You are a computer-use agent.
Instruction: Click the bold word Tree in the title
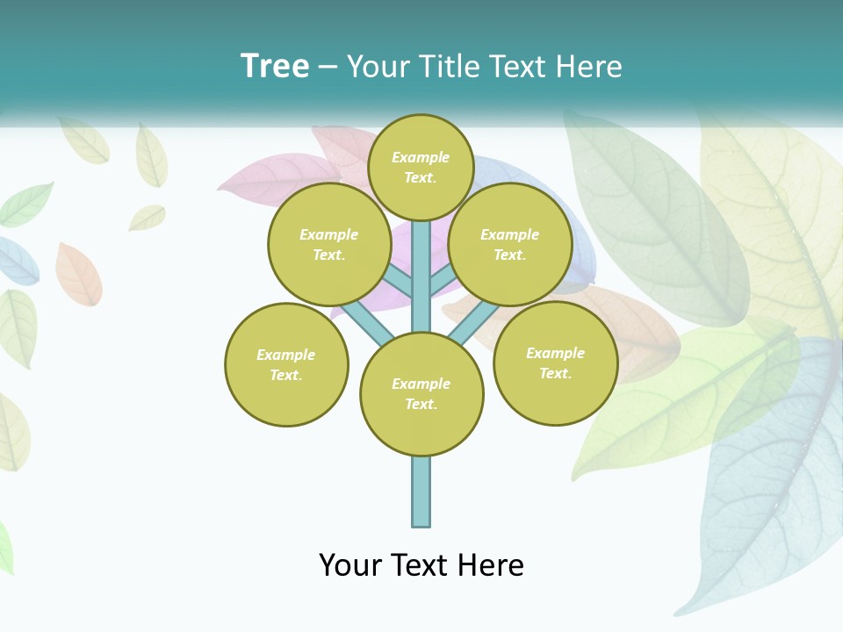tap(275, 66)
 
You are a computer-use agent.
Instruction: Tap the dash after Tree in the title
tap(328, 68)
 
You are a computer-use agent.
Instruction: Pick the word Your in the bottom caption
tap(351, 565)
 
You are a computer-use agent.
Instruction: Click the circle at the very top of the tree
tap(421, 167)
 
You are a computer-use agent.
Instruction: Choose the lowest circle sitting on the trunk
tap(421, 393)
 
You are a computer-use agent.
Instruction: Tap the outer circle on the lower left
tap(286, 364)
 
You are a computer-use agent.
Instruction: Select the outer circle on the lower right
tap(555, 363)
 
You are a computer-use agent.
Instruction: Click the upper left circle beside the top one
tap(329, 244)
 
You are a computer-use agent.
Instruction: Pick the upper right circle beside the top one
tap(510, 244)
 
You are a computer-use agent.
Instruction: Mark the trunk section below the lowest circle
tap(421, 492)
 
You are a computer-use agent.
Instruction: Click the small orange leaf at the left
tap(78, 274)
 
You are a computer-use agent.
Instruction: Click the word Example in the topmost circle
tap(421, 157)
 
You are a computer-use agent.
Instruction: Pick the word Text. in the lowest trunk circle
tap(421, 404)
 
